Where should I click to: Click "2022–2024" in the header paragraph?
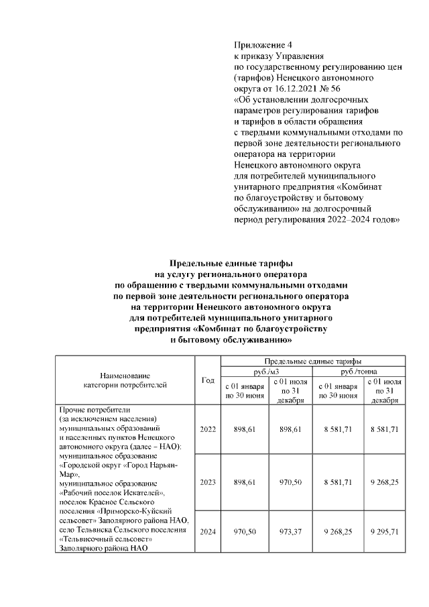click(338, 219)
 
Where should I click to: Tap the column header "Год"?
click(207, 380)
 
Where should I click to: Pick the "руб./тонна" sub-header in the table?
click(359, 371)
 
